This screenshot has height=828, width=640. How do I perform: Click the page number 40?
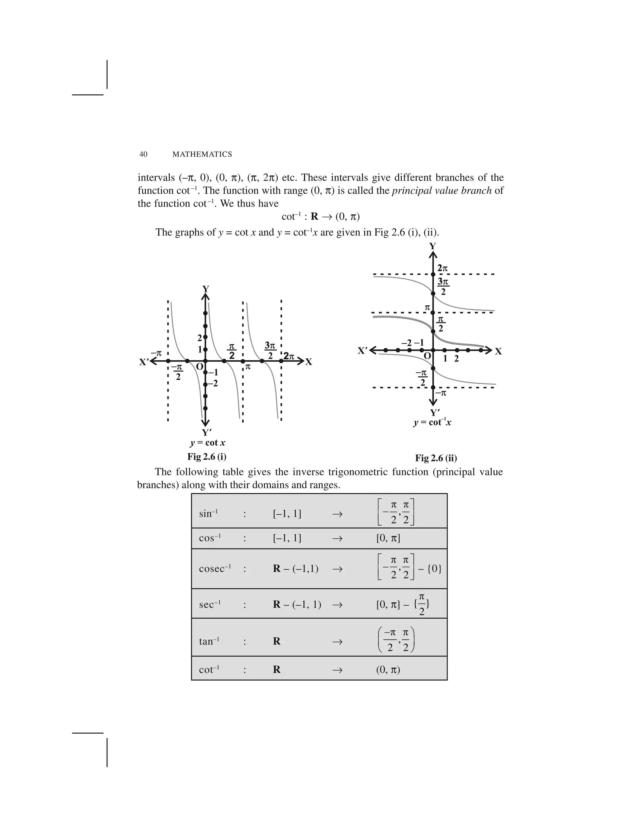tap(143, 154)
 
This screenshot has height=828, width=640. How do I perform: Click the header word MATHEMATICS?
tap(202, 154)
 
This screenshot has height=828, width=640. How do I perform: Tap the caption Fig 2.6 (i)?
tap(207, 456)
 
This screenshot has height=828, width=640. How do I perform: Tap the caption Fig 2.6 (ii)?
tap(436, 458)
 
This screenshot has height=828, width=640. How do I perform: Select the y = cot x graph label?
tap(208, 442)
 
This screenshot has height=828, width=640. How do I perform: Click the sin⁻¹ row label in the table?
tap(208, 514)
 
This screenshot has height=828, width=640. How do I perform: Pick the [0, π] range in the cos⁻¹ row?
tap(388, 538)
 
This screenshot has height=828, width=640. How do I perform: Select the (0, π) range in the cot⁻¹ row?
tap(388, 670)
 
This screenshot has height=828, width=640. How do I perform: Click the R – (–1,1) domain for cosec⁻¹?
tap(296, 569)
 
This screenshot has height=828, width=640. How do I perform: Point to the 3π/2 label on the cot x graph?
tap(270, 350)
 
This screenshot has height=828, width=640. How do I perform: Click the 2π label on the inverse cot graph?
tap(442, 268)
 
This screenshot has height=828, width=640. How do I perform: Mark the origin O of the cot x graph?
tap(199, 367)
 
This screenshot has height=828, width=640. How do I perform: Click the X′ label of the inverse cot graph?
tap(363, 351)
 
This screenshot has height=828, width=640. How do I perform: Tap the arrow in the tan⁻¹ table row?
tap(337, 641)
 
